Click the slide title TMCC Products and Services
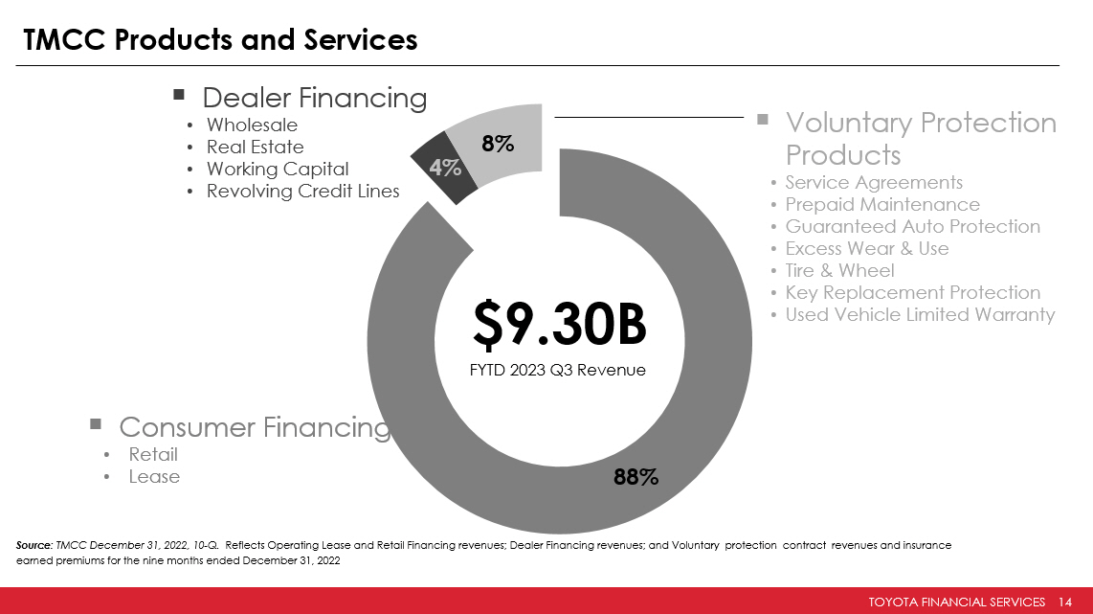point(220,39)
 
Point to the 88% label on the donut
point(636,476)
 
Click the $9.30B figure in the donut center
point(559,327)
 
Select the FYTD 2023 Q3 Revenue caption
point(558,370)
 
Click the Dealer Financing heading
point(314,98)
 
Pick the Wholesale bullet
point(252,125)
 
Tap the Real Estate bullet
point(255,148)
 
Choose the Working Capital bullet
point(278,170)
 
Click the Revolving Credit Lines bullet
point(302,192)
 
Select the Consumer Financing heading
point(254,427)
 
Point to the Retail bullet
point(153,454)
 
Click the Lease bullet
point(154,476)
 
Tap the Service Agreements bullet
point(874,182)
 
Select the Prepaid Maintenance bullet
point(882,204)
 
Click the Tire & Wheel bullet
point(839,270)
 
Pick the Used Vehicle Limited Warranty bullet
point(920,314)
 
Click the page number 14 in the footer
point(1065,602)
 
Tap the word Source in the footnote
point(34,545)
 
